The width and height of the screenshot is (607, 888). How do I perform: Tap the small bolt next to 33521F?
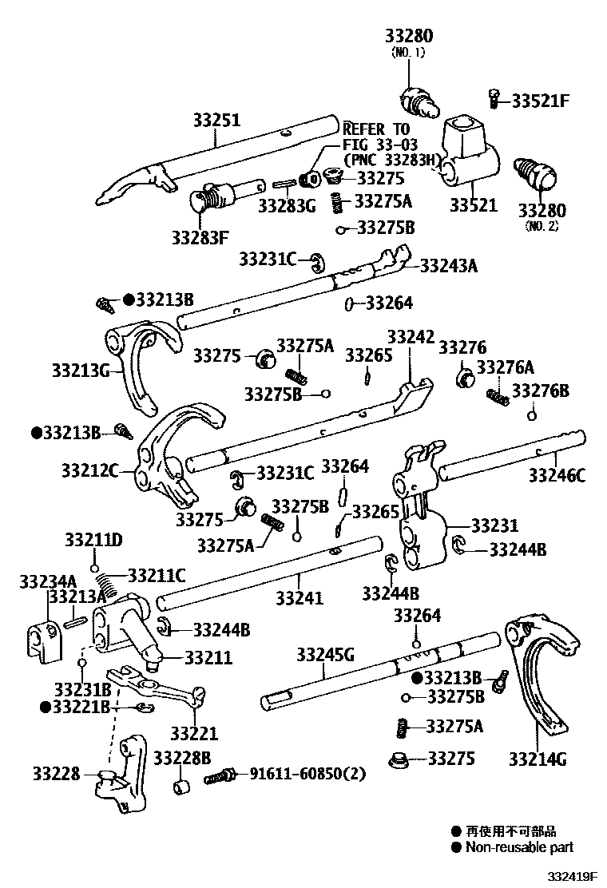[494, 98]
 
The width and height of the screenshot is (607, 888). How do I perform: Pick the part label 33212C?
[89, 470]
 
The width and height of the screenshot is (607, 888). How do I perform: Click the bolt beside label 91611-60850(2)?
[219, 775]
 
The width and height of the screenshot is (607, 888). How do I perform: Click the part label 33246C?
[557, 477]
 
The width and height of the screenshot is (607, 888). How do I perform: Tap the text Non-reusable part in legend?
[520, 847]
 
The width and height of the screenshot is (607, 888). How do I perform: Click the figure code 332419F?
[572, 877]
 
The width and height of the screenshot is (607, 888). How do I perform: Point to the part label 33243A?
[448, 266]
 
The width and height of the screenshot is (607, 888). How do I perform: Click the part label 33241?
[300, 597]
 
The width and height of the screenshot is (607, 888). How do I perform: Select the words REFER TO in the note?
[375, 129]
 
